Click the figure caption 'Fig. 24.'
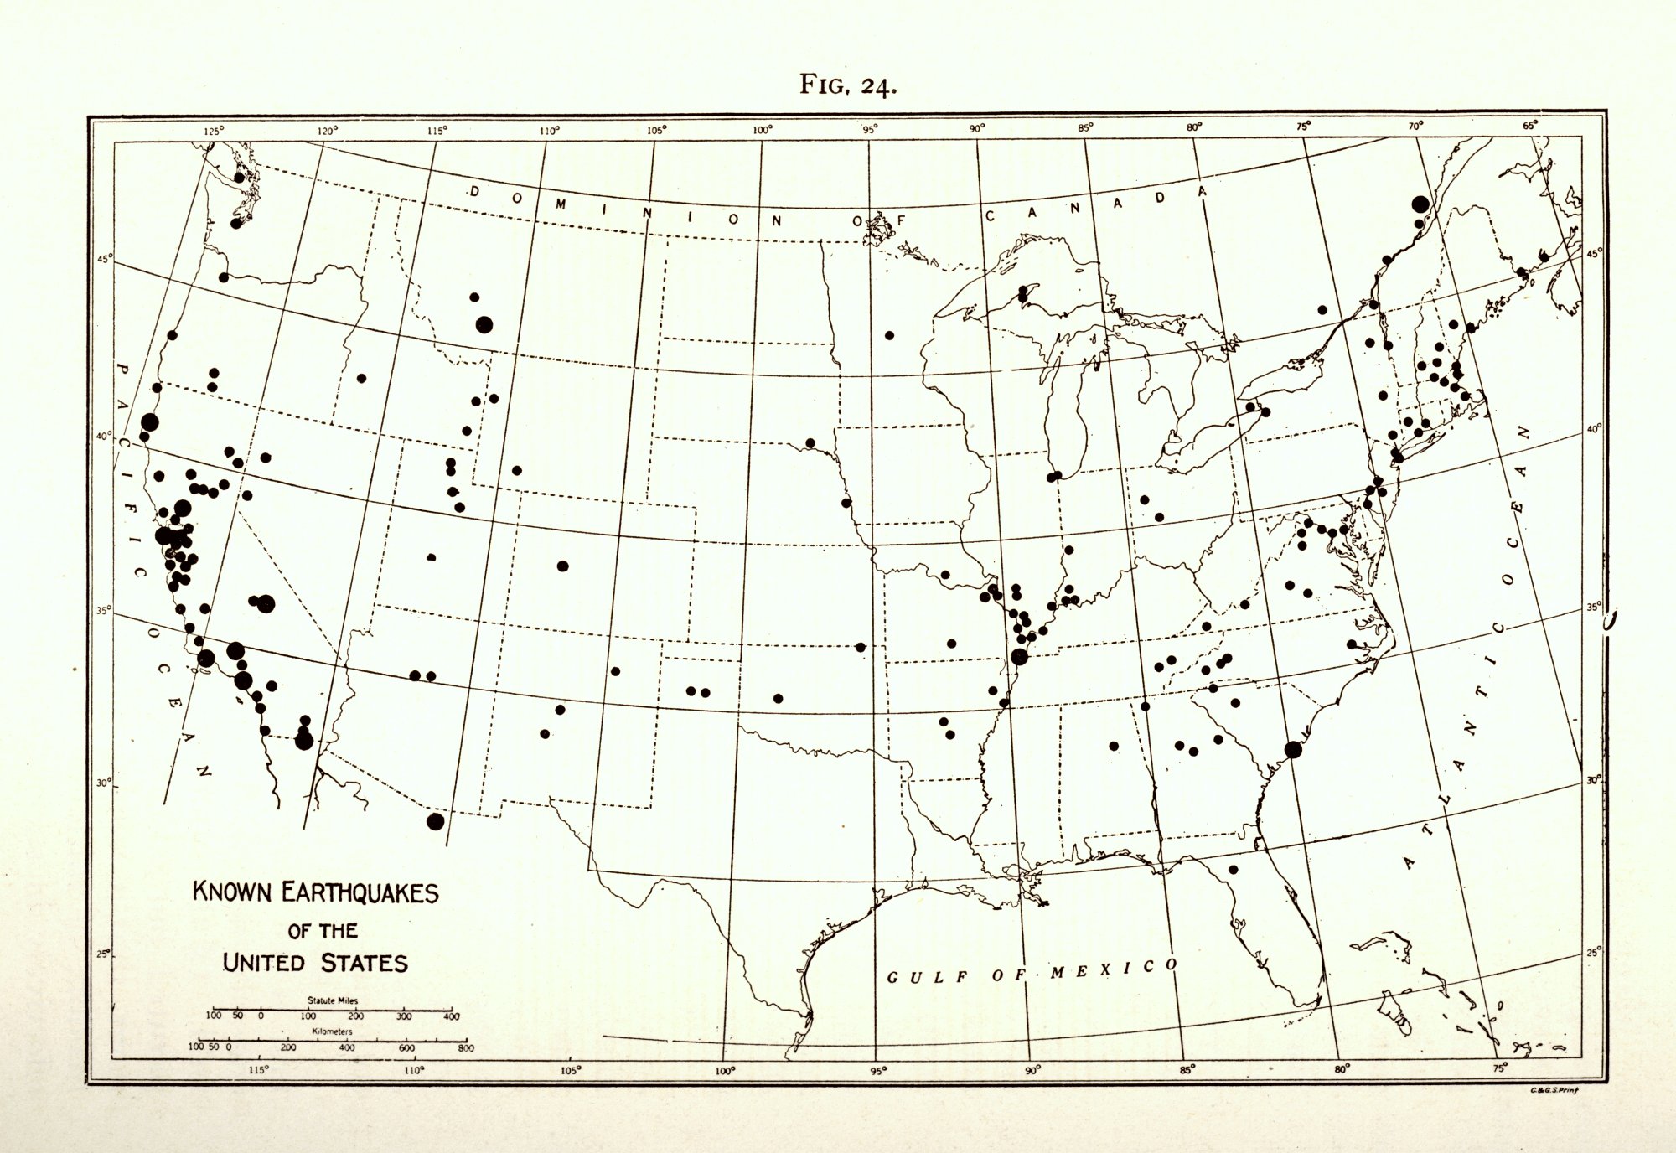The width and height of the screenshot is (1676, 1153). (848, 85)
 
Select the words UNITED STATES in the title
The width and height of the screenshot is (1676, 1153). (315, 962)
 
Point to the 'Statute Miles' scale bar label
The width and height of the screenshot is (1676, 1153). (332, 1000)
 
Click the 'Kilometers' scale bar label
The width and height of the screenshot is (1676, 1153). (332, 1031)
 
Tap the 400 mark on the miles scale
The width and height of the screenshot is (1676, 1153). (452, 1016)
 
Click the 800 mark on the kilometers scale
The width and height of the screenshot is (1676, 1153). (465, 1048)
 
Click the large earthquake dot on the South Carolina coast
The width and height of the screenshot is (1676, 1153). (1293, 750)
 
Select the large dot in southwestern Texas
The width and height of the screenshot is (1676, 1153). (435, 821)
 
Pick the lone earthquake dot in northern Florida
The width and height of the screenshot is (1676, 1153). (1233, 869)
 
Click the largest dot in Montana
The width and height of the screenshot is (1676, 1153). (484, 325)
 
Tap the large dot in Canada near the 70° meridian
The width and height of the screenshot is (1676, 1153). (1420, 204)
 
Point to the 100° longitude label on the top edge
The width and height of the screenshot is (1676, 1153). (762, 130)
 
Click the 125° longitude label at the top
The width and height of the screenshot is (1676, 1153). (213, 131)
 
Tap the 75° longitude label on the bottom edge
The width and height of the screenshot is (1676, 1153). (1499, 1068)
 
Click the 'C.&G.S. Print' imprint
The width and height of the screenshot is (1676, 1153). (1554, 1090)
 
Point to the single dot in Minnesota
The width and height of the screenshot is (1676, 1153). (889, 335)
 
